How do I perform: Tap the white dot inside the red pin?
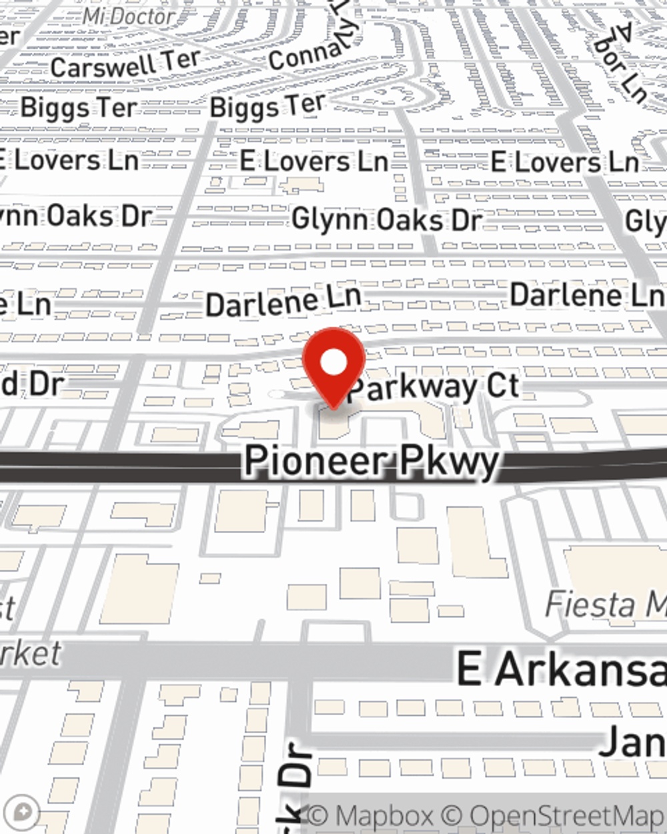click(333, 363)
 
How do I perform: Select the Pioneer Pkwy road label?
click(372, 461)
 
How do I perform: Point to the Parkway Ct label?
click(434, 387)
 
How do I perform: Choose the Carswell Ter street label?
click(125, 64)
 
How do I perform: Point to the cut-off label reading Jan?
click(632, 741)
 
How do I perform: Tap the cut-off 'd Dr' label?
click(32, 384)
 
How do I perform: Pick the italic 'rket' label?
click(30, 653)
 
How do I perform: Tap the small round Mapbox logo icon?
click(23, 813)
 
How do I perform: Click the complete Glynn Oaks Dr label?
click(386, 220)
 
